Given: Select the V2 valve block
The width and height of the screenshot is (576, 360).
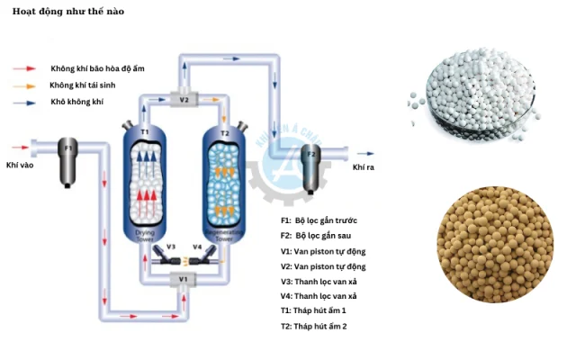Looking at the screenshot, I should coord(184,100).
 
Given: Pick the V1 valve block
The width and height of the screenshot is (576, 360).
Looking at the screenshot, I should coord(184,279).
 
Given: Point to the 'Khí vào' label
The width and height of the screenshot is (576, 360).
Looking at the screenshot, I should coord(20,166).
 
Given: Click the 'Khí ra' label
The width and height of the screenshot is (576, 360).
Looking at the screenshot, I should coord(363,167).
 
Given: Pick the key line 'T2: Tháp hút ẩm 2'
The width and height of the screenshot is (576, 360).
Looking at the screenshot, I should coord(325,326).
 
